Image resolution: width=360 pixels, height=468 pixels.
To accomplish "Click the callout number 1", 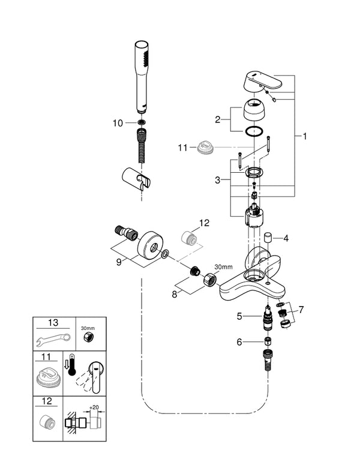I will [304, 137].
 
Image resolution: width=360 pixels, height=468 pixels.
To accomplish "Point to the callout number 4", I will [286, 238].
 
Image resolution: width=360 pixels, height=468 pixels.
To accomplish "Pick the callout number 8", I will [175, 294].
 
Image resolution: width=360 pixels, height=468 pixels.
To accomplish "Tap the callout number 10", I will [118, 122].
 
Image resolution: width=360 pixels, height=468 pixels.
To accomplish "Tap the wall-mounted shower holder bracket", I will [136, 178].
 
